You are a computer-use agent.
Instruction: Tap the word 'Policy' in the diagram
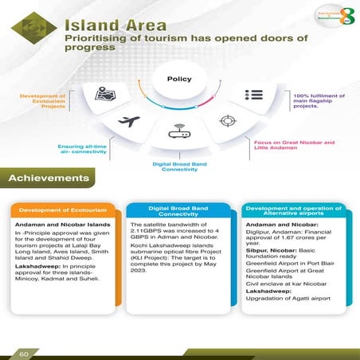(180, 79)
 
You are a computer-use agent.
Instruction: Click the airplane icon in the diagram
(129, 122)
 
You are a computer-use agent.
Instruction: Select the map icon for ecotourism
(106, 93)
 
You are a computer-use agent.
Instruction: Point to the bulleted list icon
(254, 94)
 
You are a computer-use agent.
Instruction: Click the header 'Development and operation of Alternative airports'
(295, 210)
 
